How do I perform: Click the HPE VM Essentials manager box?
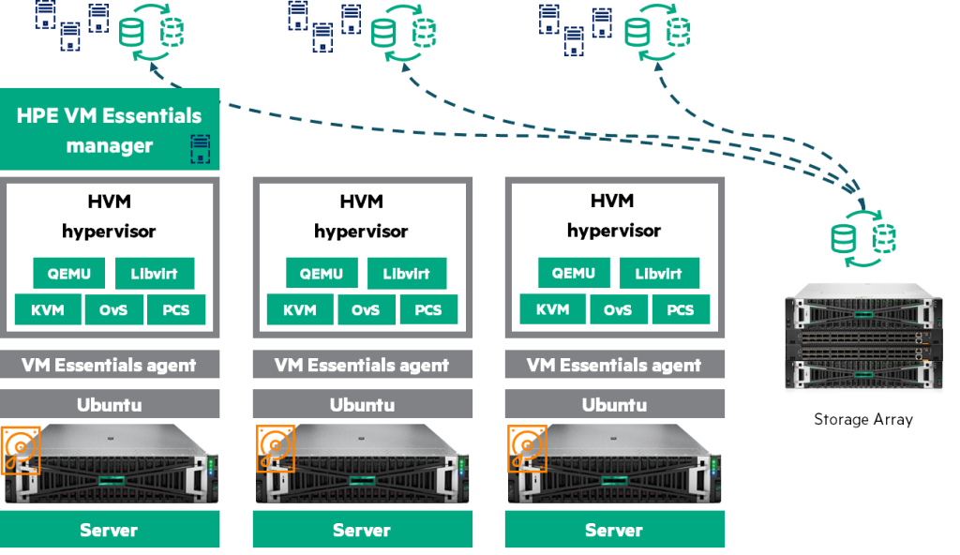[x=110, y=129]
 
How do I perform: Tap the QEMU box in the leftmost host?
[x=69, y=274]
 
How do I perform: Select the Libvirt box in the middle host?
[x=407, y=274]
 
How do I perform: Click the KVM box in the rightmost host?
[x=552, y=309]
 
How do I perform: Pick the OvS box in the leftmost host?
[x=113, y=309]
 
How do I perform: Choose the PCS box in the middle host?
[x=427, y=309]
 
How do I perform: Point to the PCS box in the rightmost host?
[x=680, y=309]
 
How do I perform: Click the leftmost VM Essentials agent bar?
[x=110, y=365]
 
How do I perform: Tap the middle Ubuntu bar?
[x=362, y=405]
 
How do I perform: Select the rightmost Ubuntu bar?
[x=614, y=405]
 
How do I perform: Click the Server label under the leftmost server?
[x=110, y=530]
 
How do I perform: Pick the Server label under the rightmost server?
[x=614, y=530]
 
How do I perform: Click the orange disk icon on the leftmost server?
[x=20, y=449]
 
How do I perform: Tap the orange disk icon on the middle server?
[x=275, y=449]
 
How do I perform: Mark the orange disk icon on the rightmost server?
[x=527, y=449]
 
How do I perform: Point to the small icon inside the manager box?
[x=200, y=149]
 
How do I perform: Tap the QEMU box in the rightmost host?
[x=573, y=274]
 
